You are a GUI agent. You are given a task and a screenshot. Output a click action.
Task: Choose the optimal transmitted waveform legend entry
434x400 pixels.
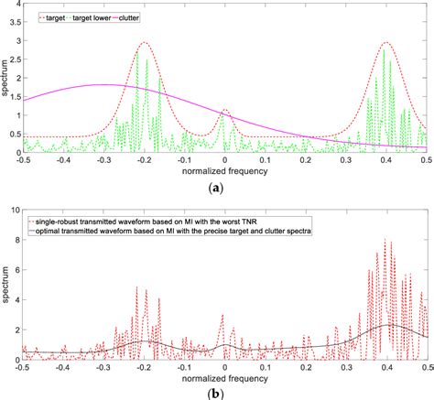[164, 232]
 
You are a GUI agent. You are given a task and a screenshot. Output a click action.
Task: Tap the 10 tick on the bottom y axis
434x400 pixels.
[12, 211]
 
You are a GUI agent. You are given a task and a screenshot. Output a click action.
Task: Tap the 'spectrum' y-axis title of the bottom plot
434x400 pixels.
[5, 286]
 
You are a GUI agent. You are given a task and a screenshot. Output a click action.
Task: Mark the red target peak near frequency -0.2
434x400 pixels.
[144, 42]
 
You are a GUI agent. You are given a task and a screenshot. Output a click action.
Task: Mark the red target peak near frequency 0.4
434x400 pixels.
[387, 42]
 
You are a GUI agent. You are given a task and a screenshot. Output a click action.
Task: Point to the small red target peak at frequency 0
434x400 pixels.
[224, 111]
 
